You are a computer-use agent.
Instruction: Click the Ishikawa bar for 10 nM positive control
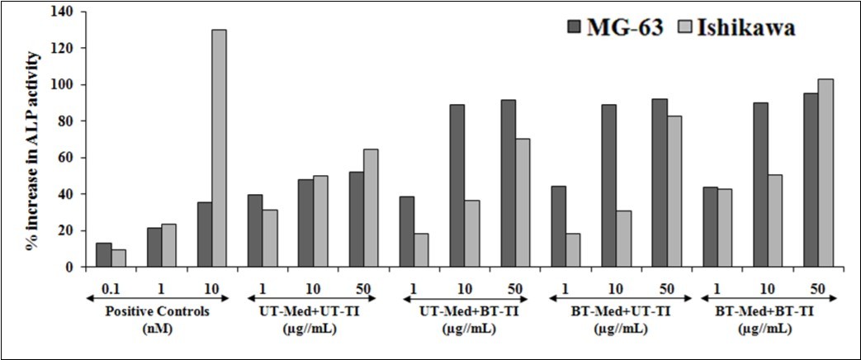pyautogui.click(x=219, y=149)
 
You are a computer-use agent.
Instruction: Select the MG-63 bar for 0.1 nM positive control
pyautogui.click(x=103, y=255)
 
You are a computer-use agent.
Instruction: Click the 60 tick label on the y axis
pyautogui.click(x=65, y=158)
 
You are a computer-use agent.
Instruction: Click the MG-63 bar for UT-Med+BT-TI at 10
pyautogui.click(x=456, y=186)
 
